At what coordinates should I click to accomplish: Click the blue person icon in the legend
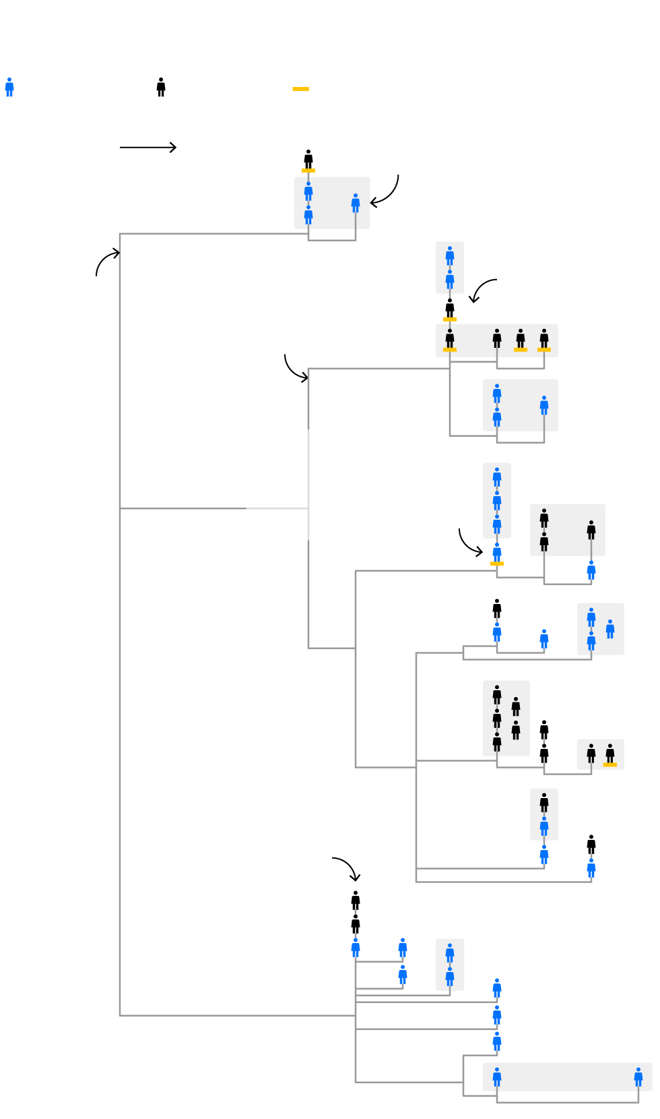(x=9, y=87)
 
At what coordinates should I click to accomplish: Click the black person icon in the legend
(x=161, y=87)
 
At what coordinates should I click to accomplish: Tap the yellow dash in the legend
(x=300, y=89)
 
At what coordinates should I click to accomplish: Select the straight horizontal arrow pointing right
(x=148, y=147)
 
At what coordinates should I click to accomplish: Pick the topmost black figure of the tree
(x=308, y=159)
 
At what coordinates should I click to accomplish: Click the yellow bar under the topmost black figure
(x=308, y=171)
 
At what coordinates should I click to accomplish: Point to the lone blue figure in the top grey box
(x=356, y=203)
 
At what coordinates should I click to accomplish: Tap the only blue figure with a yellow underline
(x=497, y=552)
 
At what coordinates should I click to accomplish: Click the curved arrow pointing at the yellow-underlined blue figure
(x=469, y=543)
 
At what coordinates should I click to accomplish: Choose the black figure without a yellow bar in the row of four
(x=497, y=338)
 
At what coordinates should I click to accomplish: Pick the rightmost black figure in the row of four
(x=544, y=338)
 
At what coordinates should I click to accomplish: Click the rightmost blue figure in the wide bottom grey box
(x=638, y=1077)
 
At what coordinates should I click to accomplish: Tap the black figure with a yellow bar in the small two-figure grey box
(x=610, y=754)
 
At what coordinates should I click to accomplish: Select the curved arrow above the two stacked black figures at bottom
(x=348, y=868)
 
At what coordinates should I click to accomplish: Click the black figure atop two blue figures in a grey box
(x=544, y=802)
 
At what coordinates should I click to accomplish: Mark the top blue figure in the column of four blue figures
(x=497, y=477)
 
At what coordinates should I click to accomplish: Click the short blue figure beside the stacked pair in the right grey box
(x=610, y=629)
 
